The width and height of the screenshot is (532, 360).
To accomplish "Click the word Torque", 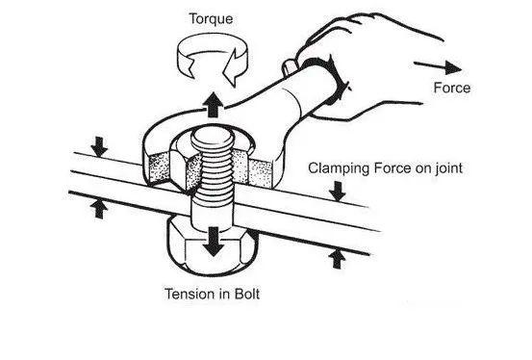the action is (x=211, y=19).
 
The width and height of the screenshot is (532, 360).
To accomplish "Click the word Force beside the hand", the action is (x=452, y=88).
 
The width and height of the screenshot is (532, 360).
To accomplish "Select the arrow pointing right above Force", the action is (x=438, y=66).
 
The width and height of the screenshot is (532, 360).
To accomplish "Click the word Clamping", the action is (x=339, y=169).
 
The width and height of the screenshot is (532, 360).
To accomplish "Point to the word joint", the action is (x=449, y=168).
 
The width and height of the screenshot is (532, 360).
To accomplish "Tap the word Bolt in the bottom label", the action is (x=247, y=294).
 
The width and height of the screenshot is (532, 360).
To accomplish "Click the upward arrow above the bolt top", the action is (x=213, y=105).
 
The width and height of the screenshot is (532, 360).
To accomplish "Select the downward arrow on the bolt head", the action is (x=213, y=242).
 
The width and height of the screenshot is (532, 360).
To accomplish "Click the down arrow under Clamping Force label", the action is (x=338, y=191).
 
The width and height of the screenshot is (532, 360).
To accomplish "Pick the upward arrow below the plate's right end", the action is (x=337, y=259).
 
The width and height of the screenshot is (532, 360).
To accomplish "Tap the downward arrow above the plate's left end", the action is (x=99, y=146).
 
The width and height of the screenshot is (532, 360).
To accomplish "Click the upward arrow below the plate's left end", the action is (x=99, y=209).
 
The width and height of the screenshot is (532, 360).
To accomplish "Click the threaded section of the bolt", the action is (x=215, y=176).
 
